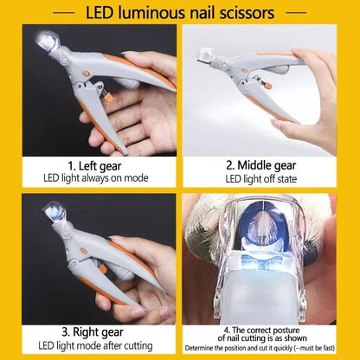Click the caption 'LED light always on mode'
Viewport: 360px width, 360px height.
(90, 177)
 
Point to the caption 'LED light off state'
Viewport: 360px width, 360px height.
(271, 177)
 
